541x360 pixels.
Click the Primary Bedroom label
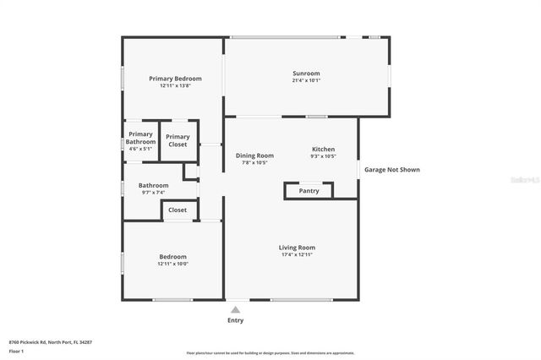click(175, 79)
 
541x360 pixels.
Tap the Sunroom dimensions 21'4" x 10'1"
click(306, 81)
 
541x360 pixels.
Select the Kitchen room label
click(324, 149)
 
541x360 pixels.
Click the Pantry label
click(309, 191)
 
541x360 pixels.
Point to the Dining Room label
click(254, 155)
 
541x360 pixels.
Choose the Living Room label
click(297, 248)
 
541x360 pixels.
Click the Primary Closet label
click(178, 140)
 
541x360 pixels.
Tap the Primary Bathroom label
click(140, 138)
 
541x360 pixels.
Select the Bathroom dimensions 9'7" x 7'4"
click(154, 193)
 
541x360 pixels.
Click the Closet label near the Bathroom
click(178, 210)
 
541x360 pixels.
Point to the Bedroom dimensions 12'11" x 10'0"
click(172, 264)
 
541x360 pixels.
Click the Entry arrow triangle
click(235, 309)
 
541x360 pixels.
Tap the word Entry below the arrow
click(235, 321)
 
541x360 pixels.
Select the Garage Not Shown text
click(391, 170)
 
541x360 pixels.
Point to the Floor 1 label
click(16, 351)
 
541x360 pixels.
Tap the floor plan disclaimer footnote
click(270, 353)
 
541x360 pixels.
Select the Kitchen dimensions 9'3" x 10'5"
click(323, 156)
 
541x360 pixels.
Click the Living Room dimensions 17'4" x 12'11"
click(297, 254)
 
